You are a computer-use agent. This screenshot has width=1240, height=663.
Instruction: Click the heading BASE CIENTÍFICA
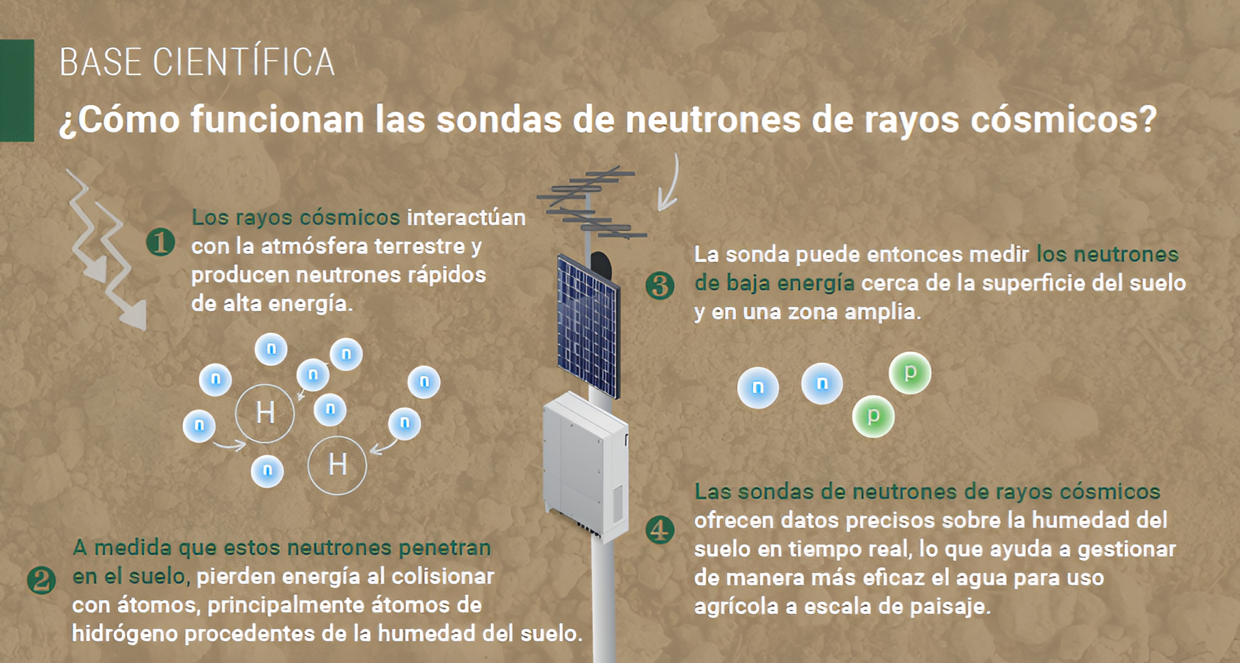[x=196, y=63]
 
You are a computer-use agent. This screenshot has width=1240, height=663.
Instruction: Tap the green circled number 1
[x=161, y=242]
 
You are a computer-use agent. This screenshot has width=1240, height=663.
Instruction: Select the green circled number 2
[x=42, y=580]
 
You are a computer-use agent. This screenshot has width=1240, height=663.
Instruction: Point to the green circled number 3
[x=660, y=285]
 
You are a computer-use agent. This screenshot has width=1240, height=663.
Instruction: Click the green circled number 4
[x=660, y=530]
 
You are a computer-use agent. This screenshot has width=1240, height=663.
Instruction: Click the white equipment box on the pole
[x=585, y=464]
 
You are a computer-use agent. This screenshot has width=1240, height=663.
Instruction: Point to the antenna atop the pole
[x=590, y=201]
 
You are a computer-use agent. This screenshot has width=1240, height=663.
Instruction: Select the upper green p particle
[x=910, y=372]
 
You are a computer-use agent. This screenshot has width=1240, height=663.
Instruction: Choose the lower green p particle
[x=873, y=415]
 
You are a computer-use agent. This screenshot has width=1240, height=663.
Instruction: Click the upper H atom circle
[x=265, y=413]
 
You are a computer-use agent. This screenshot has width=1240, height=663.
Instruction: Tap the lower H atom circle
[x=337, y=465]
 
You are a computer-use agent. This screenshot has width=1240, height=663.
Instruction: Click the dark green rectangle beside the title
[x=17, y=90]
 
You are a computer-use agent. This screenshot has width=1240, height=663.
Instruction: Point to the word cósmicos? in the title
[x=1063, y=119]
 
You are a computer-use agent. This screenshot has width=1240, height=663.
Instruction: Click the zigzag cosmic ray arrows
[x=106, y=249]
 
